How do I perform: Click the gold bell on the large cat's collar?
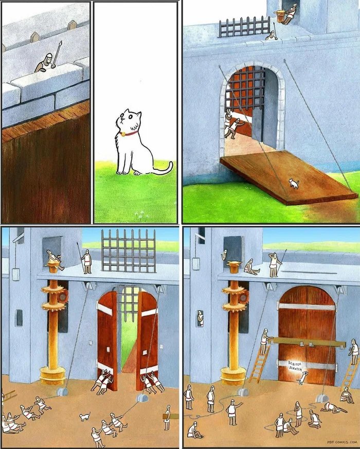[123, 134]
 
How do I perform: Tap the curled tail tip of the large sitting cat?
[171, 165]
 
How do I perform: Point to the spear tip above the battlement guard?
[60, 43]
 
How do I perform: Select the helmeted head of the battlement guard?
[49, 57]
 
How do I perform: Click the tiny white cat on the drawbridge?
[294, 183]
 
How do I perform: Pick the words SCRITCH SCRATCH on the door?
[295, 366]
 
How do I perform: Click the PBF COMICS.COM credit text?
[341, 442]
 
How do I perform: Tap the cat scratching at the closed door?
[302, 378]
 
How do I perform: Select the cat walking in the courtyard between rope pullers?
[85, 417]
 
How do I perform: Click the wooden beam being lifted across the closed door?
[305, 342]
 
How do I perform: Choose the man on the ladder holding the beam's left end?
[265, 342]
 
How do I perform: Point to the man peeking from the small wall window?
[201, 318]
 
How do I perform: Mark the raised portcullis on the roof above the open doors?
[129, 251]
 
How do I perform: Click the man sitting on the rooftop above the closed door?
[251, 267]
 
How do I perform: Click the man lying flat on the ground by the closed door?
[333, 407]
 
